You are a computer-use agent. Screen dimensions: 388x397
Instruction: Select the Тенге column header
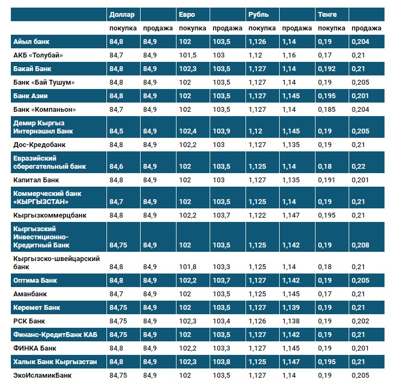pyautogui.click(x=327, y=14)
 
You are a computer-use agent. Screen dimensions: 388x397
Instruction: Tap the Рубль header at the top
pyautogui.click(x=259, y=14)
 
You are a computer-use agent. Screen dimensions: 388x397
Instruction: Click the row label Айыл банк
pyautogui.click(x=31, y=42)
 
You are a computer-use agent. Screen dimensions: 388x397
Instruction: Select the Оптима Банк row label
pyautogui.click(x=35, y=281)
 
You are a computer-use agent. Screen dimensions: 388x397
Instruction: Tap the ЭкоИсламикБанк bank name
pyautogui.click(x=42, y=375)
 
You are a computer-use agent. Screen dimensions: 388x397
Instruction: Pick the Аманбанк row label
pyautogui.click(x=30, y=294)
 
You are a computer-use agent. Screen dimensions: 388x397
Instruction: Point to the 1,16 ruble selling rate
pyautogui.click(x=289, y=55)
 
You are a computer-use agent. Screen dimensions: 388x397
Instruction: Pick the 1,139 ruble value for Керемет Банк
pyautogui.click(x=291, y=308)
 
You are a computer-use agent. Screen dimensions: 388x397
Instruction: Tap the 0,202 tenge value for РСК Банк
pyautogui.click(x=360, y=321)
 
